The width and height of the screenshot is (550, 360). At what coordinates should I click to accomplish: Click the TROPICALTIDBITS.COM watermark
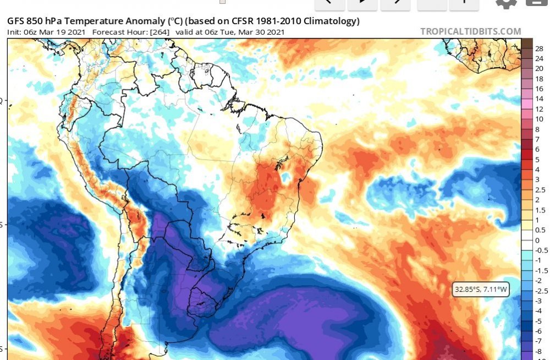470,31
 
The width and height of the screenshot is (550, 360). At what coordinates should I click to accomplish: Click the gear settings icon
506,3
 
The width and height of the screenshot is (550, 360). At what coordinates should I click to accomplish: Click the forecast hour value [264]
159,32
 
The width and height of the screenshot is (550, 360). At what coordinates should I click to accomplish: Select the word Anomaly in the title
145,21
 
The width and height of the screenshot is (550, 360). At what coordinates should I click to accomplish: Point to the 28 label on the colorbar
539,48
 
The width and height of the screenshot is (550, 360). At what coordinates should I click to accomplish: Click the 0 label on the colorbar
537,240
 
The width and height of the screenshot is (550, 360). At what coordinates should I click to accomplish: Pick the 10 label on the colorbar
539,119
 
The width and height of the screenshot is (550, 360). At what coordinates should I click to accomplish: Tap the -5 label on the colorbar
538,321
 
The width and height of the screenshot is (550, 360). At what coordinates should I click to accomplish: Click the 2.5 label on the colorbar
540,189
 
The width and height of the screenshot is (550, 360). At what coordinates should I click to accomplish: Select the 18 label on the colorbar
539,79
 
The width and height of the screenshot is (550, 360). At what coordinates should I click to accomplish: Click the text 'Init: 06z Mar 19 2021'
47,32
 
